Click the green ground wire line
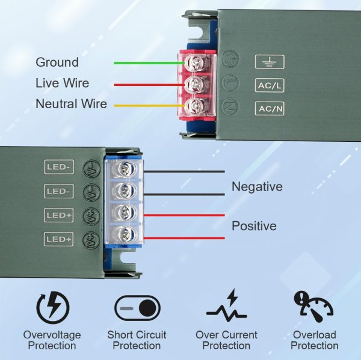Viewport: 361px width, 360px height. tap(149, 63)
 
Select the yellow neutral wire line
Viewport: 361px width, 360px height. tap(149, 106)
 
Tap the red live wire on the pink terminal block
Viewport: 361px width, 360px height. tap(149, 85)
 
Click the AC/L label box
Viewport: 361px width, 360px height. tap(270, 85)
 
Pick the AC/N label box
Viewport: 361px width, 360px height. tap(270, 109)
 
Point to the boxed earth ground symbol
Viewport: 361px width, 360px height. tap(270, 62)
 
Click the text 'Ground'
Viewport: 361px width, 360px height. tap(57, 63)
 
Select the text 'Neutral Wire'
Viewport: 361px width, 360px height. tap(72, 104)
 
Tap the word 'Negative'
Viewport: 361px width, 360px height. tap(257, 186)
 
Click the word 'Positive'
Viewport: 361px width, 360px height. tap(254, 226)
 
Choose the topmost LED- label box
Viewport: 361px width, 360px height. tap(59, 166)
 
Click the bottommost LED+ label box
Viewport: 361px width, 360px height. tap(59, 239)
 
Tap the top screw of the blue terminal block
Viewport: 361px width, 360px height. tap(126, 169)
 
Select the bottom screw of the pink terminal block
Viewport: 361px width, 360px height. tap(195, 106)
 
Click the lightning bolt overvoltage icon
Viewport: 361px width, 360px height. tap(53, 308)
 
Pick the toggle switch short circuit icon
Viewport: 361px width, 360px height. tap(137, 308)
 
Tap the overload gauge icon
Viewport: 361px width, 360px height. tap(313, 307)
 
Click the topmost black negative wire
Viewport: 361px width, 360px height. tap(184, 171)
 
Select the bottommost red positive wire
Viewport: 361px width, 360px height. tap(184, 238)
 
